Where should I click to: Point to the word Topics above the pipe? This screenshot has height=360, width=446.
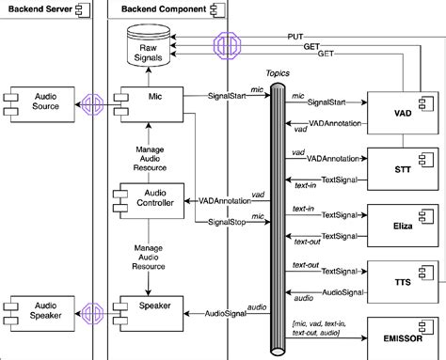click(x=278, y=71)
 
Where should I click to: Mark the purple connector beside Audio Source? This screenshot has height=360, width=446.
click(x=92, y=102)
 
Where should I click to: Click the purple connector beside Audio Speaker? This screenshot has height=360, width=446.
click(x=92, y=311)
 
